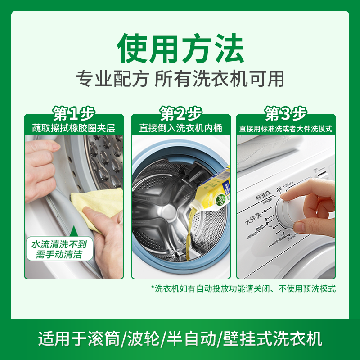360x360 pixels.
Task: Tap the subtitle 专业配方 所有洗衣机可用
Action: pyautogui.click(x=180, y=80)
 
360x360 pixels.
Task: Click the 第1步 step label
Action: pyautogui.click(x=74, y=113)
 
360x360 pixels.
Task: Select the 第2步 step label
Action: pyautogui.click(x=180, y=113)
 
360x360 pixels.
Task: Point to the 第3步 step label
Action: pyautogui.click(x=286, y=113)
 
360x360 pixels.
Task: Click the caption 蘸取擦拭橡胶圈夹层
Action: pyautogui.click(x=74, y=128)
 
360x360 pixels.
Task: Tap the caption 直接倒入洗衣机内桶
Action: pyautogui.click(x=180, y=128)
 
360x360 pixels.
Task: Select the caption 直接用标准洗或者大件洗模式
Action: pyautogui.click(x=286, y=129)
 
